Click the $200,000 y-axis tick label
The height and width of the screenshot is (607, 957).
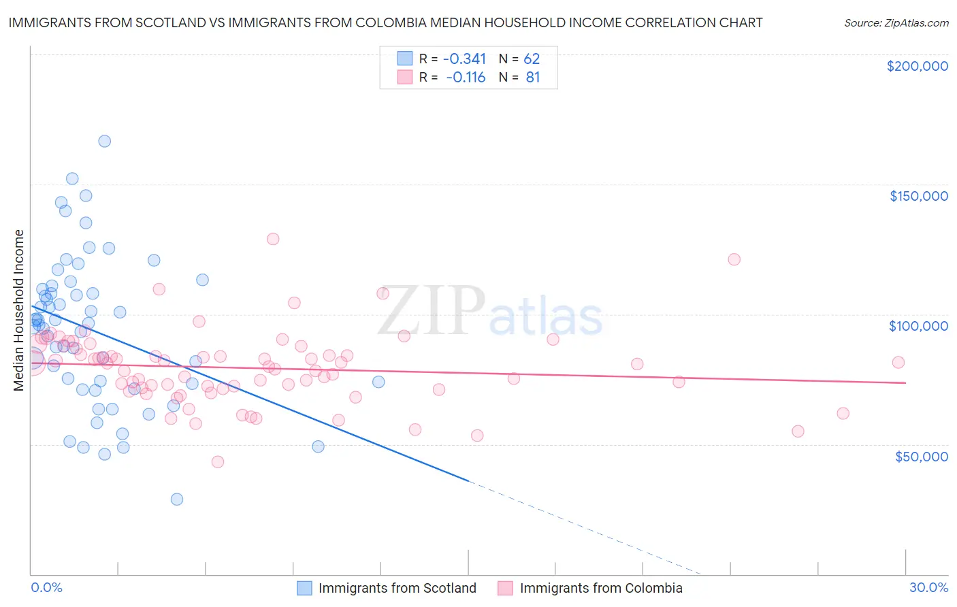[917, 66]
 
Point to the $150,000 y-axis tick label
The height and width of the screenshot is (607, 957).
[918, 196]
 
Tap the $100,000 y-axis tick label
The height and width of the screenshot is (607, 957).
[918, 326]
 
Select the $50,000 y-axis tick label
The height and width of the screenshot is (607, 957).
[921, 457]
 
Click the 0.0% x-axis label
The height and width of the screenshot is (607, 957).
[46, 587]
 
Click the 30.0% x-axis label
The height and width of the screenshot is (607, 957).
[928, 587]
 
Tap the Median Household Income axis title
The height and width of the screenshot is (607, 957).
[19, 310]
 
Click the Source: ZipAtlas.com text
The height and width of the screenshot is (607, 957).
[896, 23]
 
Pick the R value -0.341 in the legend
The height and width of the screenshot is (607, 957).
[464, 59]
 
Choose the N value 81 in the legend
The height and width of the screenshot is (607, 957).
[532, 78]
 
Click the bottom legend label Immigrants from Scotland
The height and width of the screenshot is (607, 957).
[397, 588]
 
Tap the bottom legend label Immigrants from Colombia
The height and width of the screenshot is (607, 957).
[600, 588]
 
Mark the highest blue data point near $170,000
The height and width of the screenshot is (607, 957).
[104, 142]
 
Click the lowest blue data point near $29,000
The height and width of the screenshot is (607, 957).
[177, 499]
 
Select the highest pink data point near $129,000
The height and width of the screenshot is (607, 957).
[273, 239]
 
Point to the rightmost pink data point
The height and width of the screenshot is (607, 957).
[898, 363]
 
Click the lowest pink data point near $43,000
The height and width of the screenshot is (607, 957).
[218, 462]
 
